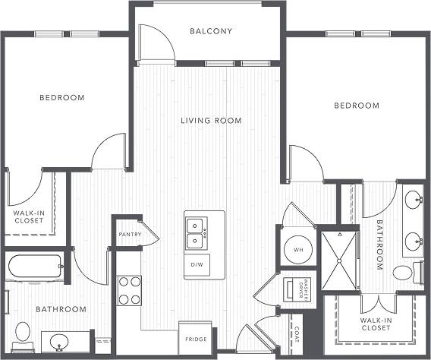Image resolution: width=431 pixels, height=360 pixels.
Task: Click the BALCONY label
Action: pyautogui.click(x=210, y=31)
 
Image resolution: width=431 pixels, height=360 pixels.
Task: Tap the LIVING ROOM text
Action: pyautogui.click(x=211, y=120)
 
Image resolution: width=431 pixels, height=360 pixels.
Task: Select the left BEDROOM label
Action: pyautogui.click(x=62, y=97)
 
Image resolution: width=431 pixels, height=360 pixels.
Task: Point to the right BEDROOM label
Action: pyautogui.click(x=357, y=106)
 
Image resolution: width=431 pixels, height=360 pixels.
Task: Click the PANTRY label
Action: pyautogui.click(x=130, y=234)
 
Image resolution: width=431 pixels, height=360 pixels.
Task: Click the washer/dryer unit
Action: pyautogui.click(x=294, y=291)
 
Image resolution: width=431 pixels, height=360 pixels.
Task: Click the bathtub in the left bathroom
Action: pyautogui.click(x=35, y=267)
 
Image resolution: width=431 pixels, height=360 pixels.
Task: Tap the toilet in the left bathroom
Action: pyautogui.click(x=23, y=333)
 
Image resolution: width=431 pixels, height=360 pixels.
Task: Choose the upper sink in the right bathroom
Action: pyautogui.click(x=414, y=201)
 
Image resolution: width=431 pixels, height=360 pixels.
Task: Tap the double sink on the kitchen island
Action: pyautogui.click(x=197, y=233)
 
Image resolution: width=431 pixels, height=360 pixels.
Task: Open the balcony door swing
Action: pyautogui.click(x=157, y=46)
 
